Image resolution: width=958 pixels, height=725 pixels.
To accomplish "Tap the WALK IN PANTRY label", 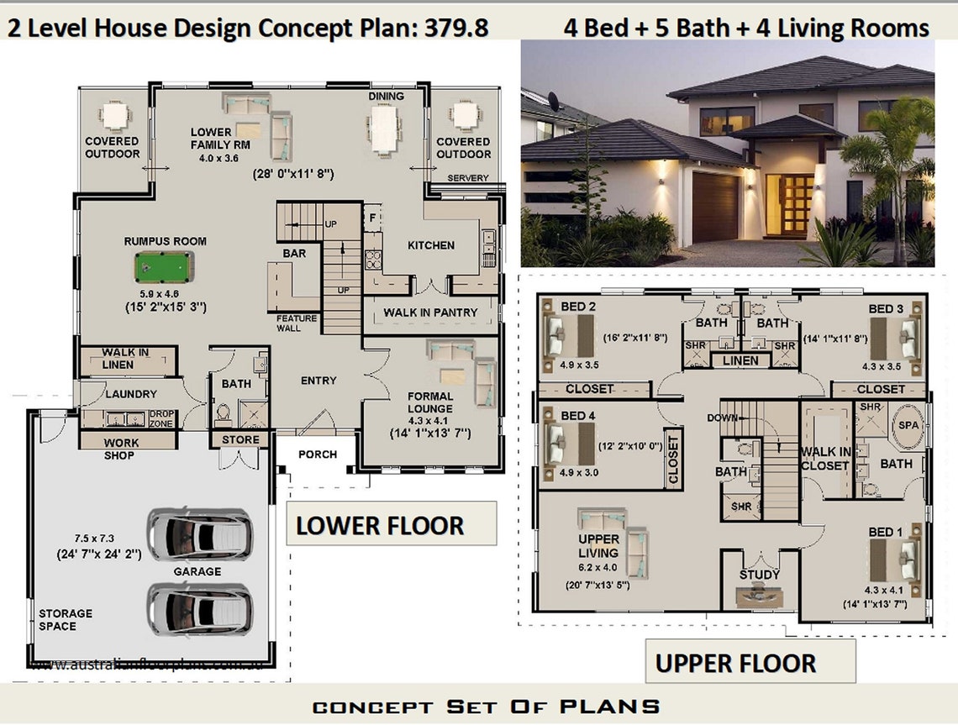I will [430, 313].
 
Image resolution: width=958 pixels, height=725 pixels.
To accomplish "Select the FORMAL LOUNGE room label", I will [430, 402].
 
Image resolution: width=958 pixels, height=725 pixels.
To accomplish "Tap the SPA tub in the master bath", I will [908, 426].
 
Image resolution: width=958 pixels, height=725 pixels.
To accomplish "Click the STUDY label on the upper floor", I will [759, 575].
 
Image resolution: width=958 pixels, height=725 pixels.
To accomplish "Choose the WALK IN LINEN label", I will [125, 359].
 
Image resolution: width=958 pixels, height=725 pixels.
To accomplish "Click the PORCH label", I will [318, 454].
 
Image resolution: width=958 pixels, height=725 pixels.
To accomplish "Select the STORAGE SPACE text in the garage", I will [66, 620].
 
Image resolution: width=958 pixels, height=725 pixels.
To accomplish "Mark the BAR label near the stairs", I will [294, 252].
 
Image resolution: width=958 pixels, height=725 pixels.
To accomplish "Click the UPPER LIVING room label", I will [598, 546].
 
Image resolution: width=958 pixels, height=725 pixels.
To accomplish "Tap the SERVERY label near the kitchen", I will [468, 178].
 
